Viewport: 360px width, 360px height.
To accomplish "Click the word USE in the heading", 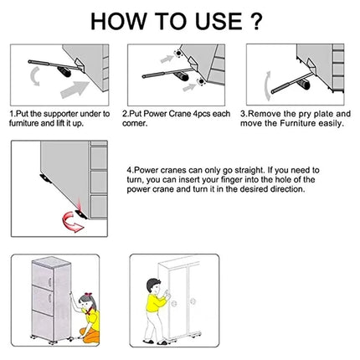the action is pos(219,22).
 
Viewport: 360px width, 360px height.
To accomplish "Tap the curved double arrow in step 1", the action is pos(35,76).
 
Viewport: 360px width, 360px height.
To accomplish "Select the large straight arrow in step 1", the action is pos(74,90).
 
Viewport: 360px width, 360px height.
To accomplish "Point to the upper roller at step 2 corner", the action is pos(177,54).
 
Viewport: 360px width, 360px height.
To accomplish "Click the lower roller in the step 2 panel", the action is pos(200,82).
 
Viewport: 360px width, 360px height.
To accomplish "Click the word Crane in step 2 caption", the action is pos(179,114).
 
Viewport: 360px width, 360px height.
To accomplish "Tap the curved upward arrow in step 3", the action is pos(268,85).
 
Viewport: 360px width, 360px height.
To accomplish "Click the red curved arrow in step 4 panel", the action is pos(72,222).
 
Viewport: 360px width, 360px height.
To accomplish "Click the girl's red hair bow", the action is pos(88,295).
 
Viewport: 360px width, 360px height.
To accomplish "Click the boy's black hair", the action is pos(152,284).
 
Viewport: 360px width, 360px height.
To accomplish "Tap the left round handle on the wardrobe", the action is pos(175,303).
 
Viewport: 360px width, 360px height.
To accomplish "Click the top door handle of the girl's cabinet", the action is pos(49,282).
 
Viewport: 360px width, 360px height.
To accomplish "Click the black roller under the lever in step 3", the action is pos(305,85).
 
